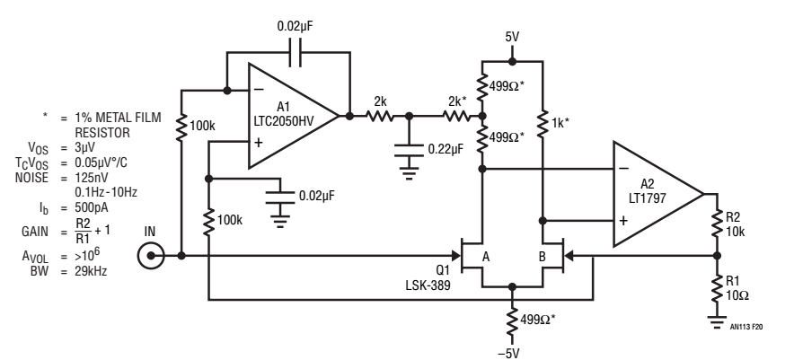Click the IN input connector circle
[x=151, y=256]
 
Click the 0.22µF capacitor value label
[x=446, y=149]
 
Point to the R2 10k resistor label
[x=735, y=224]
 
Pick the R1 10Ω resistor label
[x=737, y=288]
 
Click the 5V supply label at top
[x=512, y=37]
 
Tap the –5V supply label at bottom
[x=508, y=353]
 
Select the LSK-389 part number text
[x=428, y=285]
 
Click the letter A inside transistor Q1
[x=486, y=258]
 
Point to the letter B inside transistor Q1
[x=542, y=258]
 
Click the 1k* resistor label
[x=560, y=122]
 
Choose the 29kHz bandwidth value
[x=91, y=271]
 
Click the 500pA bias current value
[x=91, y=208]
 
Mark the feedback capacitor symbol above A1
[x=296, y=53]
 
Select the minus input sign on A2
[x=624, y=169]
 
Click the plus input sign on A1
[x=259, y=143]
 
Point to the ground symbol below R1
[x=717, y=322]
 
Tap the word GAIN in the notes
[x=35, y=232]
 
